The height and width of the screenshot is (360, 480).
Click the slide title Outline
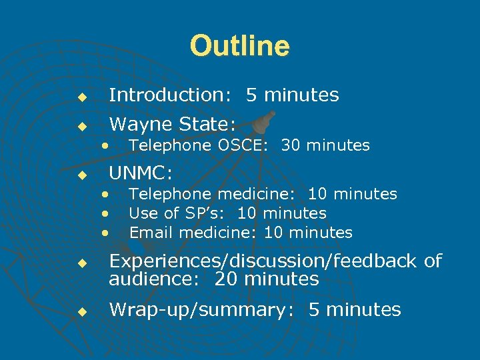(240, 47)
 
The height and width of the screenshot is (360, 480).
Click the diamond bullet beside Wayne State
(81, 126)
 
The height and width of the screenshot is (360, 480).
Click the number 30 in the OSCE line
(291, 145)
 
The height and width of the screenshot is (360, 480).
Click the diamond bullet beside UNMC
(81, 176)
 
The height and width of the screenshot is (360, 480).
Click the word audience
(151, 279)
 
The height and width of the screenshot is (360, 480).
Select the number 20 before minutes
(225, 279)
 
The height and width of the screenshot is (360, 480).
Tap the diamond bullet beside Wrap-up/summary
(81, 311)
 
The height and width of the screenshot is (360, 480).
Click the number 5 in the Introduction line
(252, 95)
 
